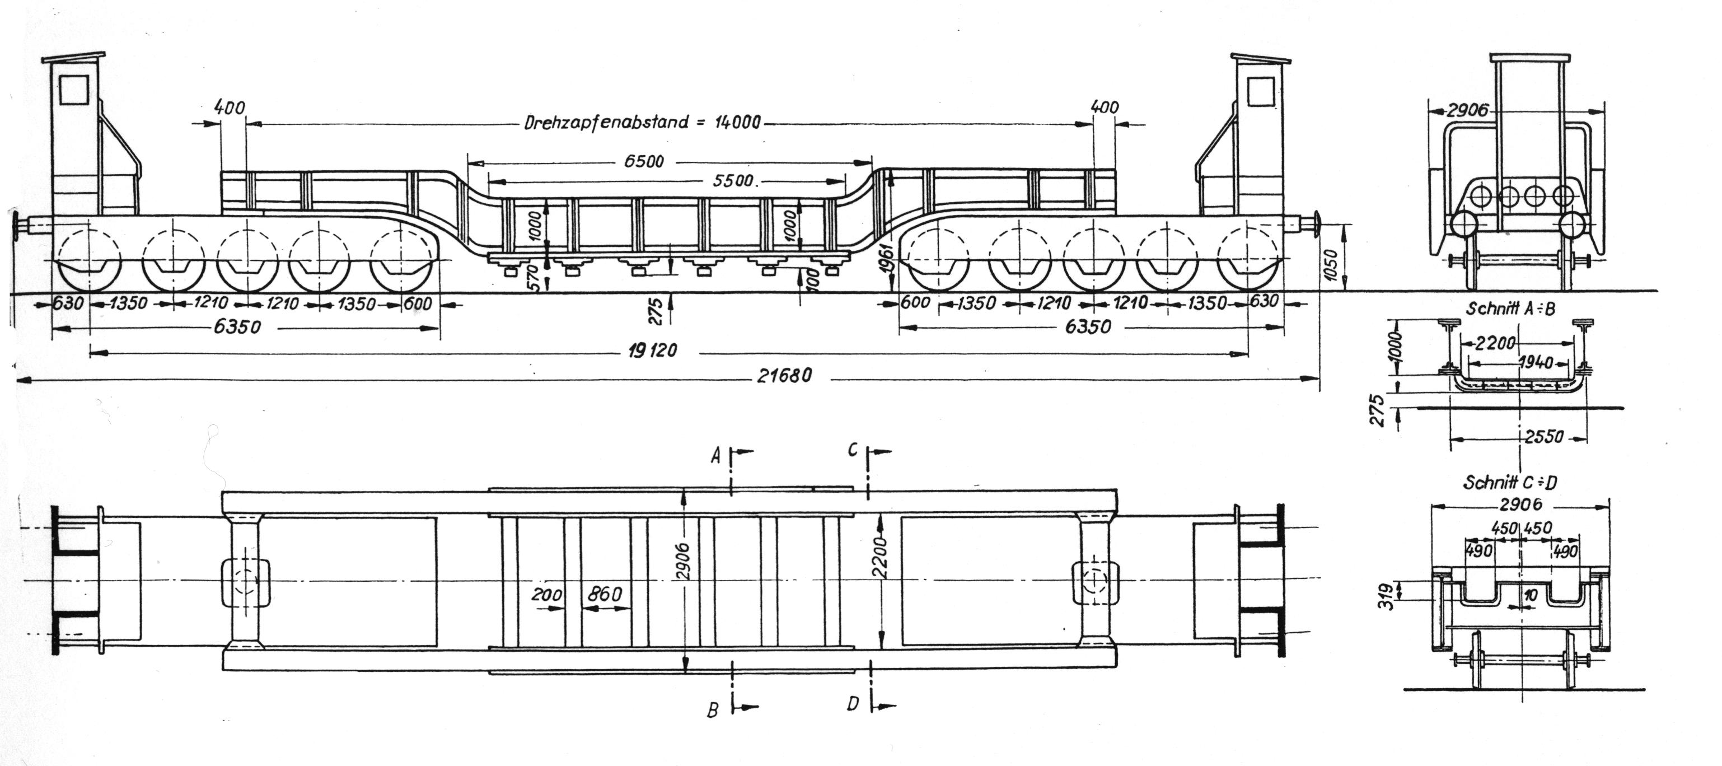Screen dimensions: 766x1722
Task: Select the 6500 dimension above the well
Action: tap(644, 161)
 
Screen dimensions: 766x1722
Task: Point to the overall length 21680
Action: tap(784, 376)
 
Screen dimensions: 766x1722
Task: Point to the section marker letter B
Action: tap(714, 710)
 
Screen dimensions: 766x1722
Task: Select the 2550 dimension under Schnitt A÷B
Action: tap(1546, 437)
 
